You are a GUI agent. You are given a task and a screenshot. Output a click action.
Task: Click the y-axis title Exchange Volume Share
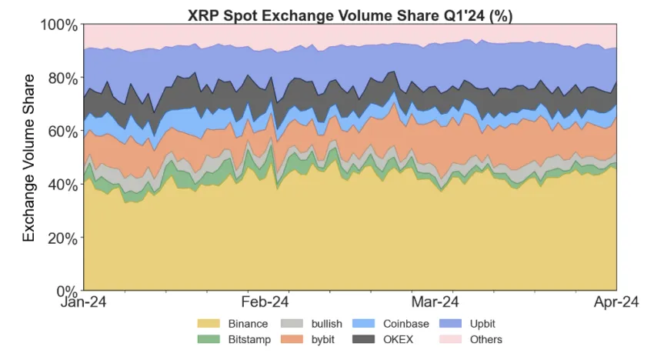pos(29,158)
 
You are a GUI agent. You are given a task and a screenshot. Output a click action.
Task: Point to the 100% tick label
pos(59,25)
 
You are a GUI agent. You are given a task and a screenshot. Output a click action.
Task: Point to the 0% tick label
pos(67,291)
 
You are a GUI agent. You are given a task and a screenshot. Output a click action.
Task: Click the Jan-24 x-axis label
pos(83,302)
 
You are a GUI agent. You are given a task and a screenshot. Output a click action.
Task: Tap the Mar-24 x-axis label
pos(435,302)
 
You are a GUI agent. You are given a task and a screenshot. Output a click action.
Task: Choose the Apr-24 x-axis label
pos(616,302)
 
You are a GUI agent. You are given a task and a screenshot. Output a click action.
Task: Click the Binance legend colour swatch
pos(209,324)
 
